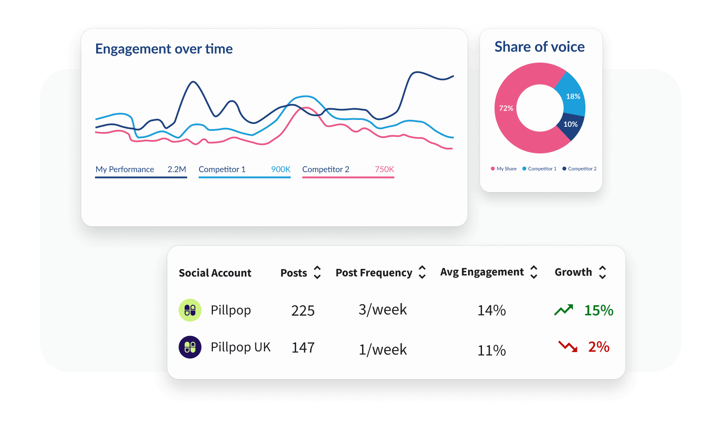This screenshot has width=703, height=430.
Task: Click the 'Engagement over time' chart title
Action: [164, 49]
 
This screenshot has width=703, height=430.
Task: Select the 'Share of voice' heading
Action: [539, 47]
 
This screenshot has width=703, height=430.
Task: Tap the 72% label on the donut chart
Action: [506, 108]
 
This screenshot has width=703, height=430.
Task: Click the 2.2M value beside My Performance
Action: [177, 169]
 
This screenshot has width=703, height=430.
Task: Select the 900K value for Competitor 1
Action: [280, 169]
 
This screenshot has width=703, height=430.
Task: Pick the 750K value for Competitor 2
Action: [384, 169]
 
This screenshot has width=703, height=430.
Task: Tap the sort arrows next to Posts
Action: [317, 273]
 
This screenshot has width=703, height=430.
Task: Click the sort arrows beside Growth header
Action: [602, 273]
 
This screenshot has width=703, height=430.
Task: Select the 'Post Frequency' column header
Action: [374, 273]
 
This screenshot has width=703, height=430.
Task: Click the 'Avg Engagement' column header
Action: [482, 272]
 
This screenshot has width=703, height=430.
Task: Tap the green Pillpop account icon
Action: [190, 310]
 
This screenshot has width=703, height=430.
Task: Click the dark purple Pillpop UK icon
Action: [190, 347]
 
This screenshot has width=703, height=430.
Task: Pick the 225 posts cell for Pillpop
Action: [303, 310]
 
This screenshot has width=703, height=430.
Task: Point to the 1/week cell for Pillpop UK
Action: [383, 350]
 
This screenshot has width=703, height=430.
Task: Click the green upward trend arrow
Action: [564, 310]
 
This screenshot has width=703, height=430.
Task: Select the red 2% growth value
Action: [598, 347]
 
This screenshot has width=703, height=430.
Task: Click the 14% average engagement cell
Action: [491, 310]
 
